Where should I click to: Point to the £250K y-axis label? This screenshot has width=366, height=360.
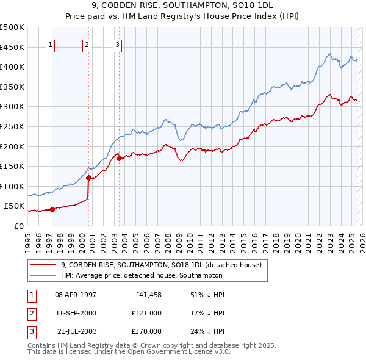coord(12,126)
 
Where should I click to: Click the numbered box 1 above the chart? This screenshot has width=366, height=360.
coord(50,44)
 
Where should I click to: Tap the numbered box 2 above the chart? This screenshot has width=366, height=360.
coord(87,44)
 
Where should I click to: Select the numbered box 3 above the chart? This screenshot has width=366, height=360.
coord(117,44)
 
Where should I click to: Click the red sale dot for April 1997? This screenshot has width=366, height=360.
coord(52,209)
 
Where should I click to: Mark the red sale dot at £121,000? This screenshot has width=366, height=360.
coord(88,178)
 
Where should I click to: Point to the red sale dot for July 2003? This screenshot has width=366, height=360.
coord(119,158)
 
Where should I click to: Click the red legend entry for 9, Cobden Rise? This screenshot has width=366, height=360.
coord(161,265)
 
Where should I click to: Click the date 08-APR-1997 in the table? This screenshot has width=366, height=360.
coord(76,295)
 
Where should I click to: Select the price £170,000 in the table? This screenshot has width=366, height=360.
coord(146,331)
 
